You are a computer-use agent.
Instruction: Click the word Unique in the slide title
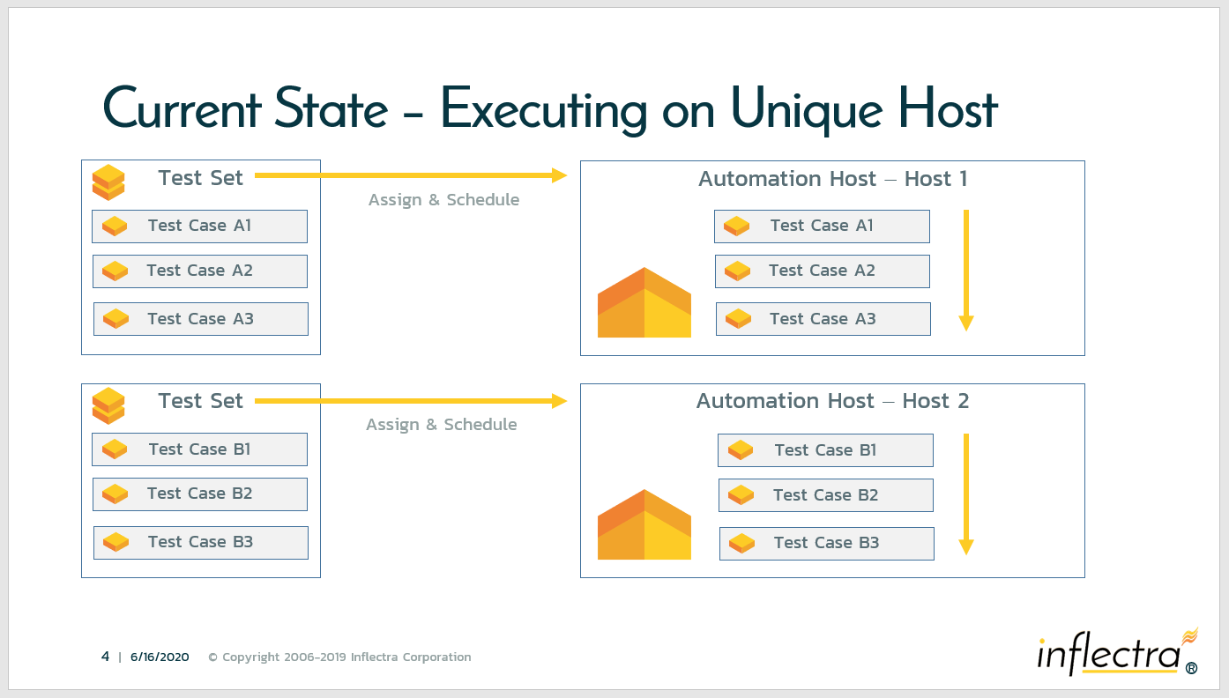point(807,109)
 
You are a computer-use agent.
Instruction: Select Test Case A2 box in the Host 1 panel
point(822,271)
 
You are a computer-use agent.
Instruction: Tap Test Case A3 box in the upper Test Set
point(201,318)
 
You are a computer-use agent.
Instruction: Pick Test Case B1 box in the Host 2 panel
point(825,450)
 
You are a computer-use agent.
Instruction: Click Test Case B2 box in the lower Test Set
point(200,494)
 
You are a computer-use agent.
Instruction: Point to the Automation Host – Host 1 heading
point(832,179)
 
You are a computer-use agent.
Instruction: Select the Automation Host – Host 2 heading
point(832,401)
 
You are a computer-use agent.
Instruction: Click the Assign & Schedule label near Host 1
point(443,199)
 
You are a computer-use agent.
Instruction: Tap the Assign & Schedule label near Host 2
point(441,425)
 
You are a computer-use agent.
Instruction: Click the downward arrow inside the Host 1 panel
point(966,271)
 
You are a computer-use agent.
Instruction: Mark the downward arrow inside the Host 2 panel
point(966,494)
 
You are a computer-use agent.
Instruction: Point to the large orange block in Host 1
point(644,302)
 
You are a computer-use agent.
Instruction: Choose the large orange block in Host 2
point(644,524)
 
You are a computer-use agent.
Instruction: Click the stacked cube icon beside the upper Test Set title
point(108,182)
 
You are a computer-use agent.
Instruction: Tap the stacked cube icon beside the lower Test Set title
point(108,405)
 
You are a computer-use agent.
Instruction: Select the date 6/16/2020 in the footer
point(160,657)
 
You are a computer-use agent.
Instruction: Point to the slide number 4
point(105,657)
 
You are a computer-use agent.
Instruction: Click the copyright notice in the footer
point(339,657)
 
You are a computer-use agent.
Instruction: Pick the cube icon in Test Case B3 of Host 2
point(741,544)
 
